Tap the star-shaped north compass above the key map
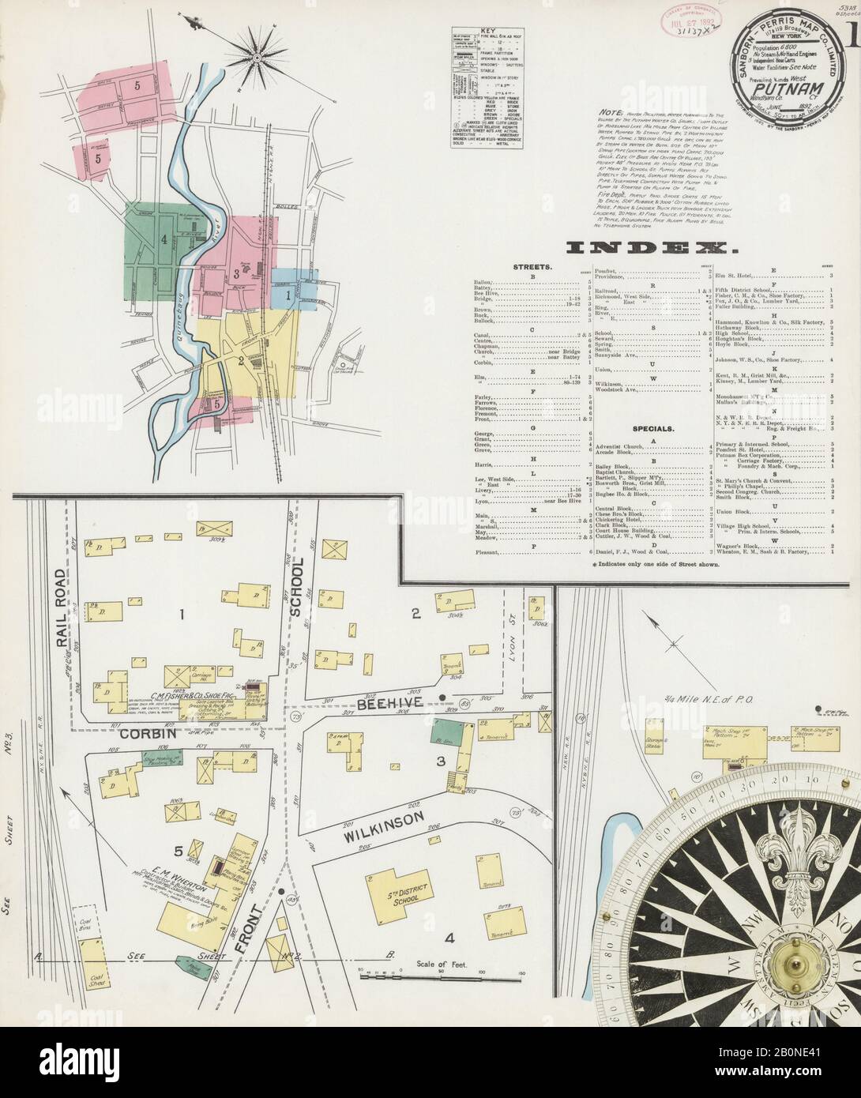[258, 57]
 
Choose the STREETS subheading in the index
[533, 268]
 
